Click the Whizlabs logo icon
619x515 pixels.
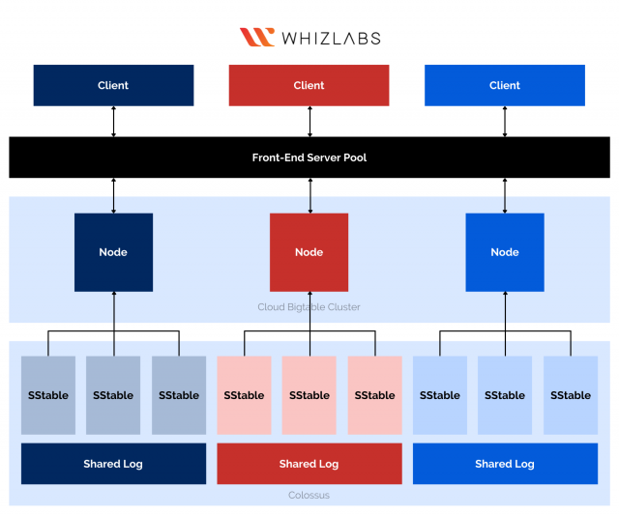click(257, 38)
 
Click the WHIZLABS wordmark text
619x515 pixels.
click(330, 39)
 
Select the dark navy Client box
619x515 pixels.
click(113, 85)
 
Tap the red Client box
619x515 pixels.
click(309, 85)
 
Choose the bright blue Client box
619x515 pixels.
click(505, 85)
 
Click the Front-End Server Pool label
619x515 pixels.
click(309, 157)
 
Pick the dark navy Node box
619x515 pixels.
click(113, 252)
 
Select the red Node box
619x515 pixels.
click(309, 252)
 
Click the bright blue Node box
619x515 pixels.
click(505, 252)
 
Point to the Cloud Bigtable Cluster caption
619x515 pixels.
click(309, 307)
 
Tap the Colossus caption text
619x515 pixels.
click(309, 495)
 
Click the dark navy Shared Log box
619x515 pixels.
click(113, 464)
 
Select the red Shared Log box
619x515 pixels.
click(309, 464)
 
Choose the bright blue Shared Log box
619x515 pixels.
click(505, 464)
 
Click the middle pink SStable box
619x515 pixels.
click(309, 395)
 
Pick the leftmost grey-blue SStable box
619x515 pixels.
click(47, 395)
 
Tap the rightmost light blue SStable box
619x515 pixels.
click(571, 395)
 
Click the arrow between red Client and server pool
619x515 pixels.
click(309, 121)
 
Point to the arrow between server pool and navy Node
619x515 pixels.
click(114, 195)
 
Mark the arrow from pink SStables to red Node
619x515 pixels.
click(309, 311)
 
